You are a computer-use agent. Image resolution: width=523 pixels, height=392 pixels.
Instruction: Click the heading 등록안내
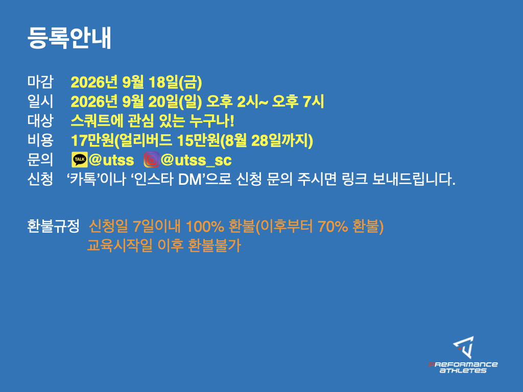(x=69, y=38)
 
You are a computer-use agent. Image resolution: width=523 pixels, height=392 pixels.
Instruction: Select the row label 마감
(x=40, y=82)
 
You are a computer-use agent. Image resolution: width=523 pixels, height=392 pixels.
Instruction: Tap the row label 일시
(x=40, y=102)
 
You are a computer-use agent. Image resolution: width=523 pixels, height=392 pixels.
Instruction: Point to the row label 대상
(x=40, y=120)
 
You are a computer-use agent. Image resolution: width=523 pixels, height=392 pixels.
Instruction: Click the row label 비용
(x=40, y=140)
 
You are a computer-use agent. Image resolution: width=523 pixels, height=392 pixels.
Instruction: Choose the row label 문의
(x=40, y=160)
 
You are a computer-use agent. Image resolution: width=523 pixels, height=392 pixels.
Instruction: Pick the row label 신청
(x=40, y=179)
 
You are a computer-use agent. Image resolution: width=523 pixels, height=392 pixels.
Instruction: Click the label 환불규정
(x=53, y=226)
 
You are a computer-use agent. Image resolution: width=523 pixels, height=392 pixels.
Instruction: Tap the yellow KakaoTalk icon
(x=79, y=160)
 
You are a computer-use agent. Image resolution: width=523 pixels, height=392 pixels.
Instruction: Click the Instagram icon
(x=151, y=160)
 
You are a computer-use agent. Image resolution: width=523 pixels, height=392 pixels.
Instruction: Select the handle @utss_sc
(x=196, y=160)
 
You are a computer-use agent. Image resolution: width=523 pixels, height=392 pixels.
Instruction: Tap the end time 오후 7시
(x=298, y=102)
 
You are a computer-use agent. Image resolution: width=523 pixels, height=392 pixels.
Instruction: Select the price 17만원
(x=93, y=140)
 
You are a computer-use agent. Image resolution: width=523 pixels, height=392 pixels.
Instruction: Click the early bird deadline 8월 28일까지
(x=267, y=140)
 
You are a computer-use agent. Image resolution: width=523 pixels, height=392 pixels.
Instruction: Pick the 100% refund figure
(x=205, y=226)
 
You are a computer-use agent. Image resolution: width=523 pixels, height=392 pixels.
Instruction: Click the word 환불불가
(x=214, y=246)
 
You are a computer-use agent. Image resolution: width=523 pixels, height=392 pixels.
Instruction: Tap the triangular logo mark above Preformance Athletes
(x=464, y=347)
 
